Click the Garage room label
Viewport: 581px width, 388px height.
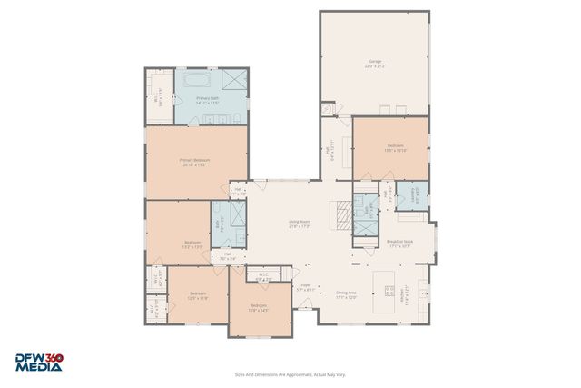(x=374, y=64)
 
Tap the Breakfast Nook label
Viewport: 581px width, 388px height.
(x=400, y=243)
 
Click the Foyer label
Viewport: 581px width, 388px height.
(x=306, y=287)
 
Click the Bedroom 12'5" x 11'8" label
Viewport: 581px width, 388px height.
(x=198, y=295)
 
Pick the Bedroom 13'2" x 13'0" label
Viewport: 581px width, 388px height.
(x=192, y=244)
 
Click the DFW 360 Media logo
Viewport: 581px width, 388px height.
(x=39, y=363)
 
